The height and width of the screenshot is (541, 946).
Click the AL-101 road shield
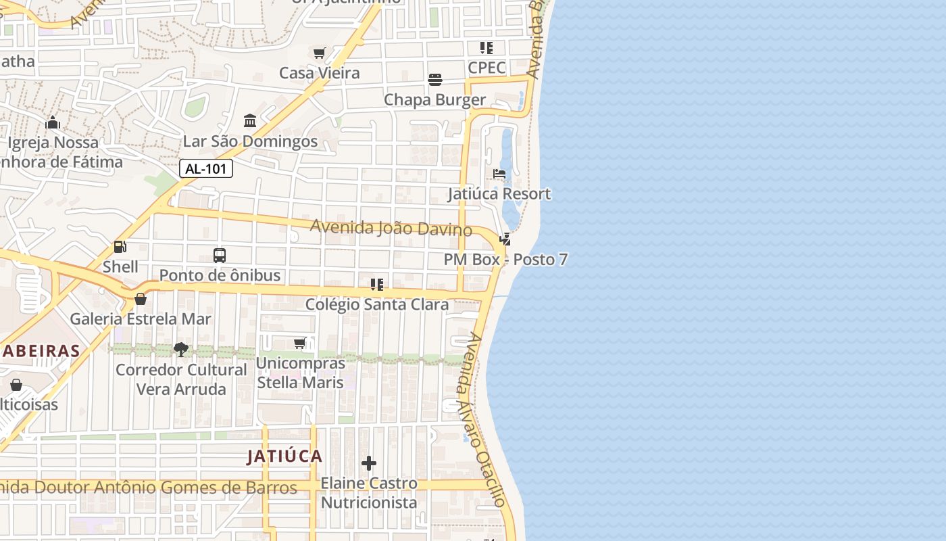[x=206, y=169]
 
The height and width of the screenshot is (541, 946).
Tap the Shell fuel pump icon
[x=120, y=248]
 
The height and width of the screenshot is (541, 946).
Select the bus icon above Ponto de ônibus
[x=220, y=256]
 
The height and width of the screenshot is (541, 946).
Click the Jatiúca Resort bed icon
[x=499, y=174]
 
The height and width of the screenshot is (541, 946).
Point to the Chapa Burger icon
[x=435, y=80]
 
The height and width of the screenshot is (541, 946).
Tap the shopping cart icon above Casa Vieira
[x=320, y=53]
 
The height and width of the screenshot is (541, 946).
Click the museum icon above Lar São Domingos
[x=250, y=121]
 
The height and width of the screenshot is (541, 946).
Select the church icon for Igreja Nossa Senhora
[x=53, y=122]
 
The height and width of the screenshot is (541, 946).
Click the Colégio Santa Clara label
[x=377, y=304]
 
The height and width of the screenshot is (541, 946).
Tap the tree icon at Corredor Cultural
[x=181, y=350]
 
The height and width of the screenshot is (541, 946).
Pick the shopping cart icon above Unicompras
[x=300, y=344]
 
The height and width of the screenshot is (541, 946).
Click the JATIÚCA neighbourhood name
[x=284, y=456]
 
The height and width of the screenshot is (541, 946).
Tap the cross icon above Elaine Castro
[x=369, y=463]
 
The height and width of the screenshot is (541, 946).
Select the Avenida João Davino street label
[x=391, y=227]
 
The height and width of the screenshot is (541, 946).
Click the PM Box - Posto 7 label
[x=505, y=260]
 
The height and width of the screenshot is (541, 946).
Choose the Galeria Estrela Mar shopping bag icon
[x=141, y=299]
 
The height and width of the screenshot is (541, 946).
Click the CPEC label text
[x=487, y=68]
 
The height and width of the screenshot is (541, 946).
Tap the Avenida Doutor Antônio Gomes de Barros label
[x=149, y=488]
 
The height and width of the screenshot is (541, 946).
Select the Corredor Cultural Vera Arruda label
[x=181, y=379]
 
